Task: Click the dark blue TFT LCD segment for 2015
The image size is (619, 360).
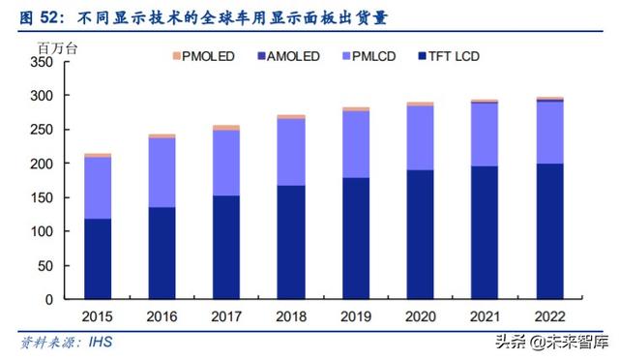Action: click(97, 258)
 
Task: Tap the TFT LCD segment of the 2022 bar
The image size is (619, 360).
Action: click(549, 231)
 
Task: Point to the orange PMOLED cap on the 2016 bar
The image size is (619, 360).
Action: click(162, 136)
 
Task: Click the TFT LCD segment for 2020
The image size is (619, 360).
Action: click(421, 234)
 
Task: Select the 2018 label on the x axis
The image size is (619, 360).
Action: click(291, 317)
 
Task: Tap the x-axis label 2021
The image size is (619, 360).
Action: click(485, 317)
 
